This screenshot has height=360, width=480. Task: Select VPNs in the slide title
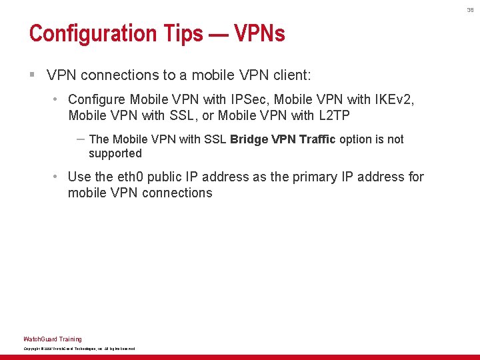(259, 33)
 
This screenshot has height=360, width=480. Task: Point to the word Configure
(97, 100)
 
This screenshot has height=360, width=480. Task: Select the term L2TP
(333, 115)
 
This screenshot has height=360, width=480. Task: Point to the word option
(357, 139)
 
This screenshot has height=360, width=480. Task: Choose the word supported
(115, 153)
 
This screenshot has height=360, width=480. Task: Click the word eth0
(129, 177)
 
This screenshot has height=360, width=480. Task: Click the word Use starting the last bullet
(79, 177)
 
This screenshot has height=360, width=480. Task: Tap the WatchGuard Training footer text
(53, 339)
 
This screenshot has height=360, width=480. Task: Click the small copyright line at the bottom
(79, 349)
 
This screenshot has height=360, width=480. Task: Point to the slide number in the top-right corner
(469, 10)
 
